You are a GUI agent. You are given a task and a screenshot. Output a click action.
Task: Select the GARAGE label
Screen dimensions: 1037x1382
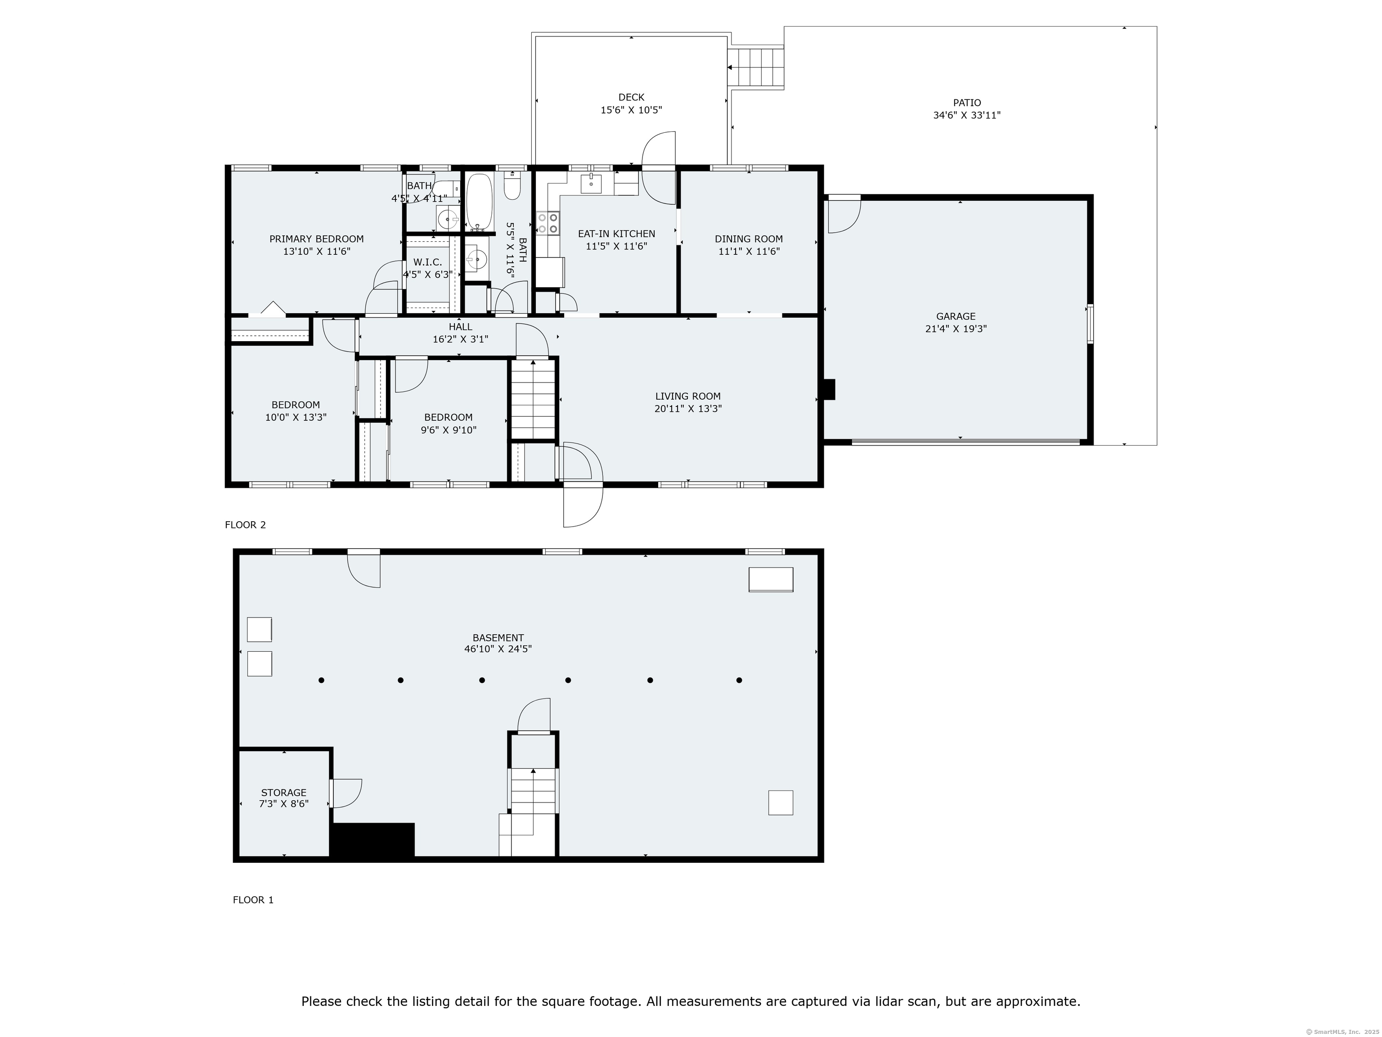click(x=955, y=316)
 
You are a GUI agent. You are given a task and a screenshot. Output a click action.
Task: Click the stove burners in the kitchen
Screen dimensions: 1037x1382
click(x=548, y=223)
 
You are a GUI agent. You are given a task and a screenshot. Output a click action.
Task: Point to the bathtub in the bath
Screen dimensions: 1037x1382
click(x=479, y=201)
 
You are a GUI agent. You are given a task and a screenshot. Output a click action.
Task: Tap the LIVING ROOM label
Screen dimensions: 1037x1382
click(x=688, y=396)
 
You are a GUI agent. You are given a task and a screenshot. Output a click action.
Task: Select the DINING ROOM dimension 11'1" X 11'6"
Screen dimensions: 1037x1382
click(x=749, y=251)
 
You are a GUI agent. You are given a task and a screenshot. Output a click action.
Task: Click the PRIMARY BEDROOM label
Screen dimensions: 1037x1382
click(x=316, y=239)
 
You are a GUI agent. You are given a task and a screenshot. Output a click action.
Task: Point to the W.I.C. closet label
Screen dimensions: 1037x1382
click(x=427, y=262)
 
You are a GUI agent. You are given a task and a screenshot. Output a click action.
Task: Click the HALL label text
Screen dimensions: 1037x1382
click(x=461, y=327)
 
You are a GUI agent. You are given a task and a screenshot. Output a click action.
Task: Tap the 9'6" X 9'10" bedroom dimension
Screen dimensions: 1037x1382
click(x=448, y=430)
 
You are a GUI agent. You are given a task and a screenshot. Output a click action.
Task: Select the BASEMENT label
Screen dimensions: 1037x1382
click(x=498, y=638)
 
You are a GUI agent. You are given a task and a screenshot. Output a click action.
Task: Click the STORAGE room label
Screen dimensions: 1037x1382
click(x=284, y=792)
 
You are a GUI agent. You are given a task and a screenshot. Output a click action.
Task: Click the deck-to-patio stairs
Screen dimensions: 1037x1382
click(x=757, y=67)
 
